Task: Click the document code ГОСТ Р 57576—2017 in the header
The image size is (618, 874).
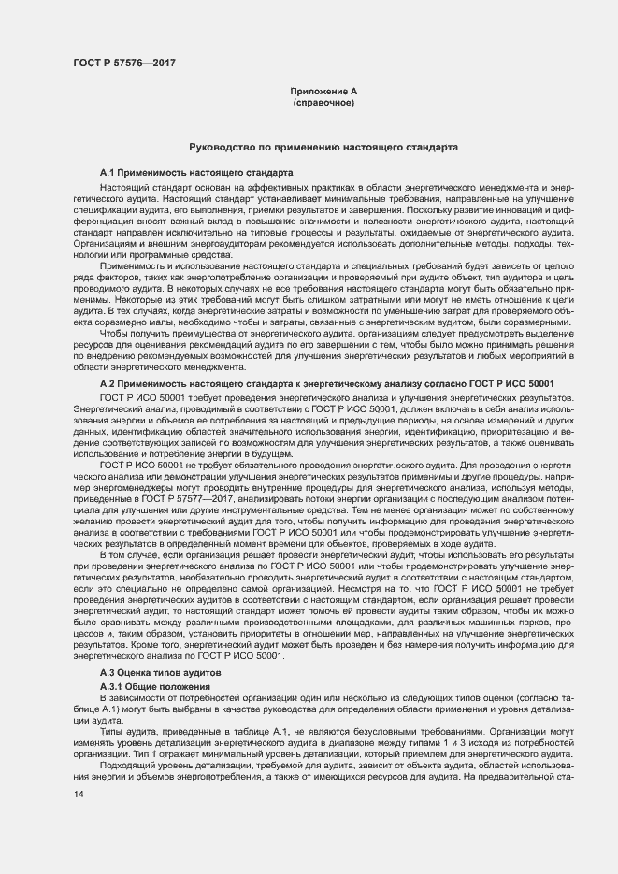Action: click(123, 64)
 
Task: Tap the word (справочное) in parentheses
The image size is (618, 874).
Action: click(323, 102)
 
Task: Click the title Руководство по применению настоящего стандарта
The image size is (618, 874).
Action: click(323, 148)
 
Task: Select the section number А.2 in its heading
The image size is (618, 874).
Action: click(110, 384)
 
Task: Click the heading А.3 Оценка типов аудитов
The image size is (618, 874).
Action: click(161, 673)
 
